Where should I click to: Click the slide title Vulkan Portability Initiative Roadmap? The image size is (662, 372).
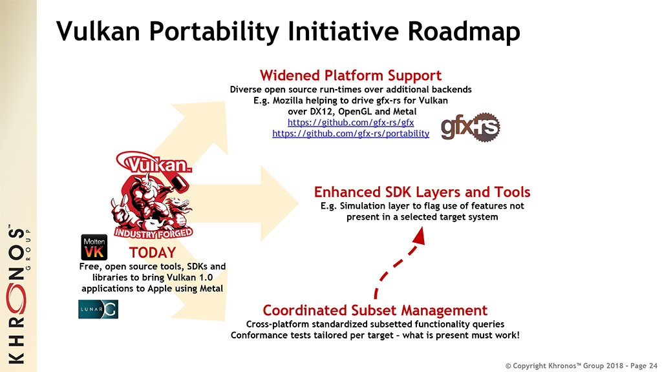click(288, 31)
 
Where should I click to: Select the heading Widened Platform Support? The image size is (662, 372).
click(350, 76)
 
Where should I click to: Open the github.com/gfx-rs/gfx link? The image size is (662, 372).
click(350, 122)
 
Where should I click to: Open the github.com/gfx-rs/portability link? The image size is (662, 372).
click(350, 133)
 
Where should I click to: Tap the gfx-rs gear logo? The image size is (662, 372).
click(471, 127)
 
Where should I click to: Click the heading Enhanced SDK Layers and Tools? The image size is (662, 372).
click(422, 192)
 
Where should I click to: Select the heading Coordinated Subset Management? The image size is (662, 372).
click(375, 310)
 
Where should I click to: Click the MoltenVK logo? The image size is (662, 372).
click(94, 247)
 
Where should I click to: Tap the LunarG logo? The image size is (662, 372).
click(98, 309)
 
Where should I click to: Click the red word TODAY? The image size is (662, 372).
click(153, 253)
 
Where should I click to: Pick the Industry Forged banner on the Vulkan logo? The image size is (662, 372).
click(153, 232)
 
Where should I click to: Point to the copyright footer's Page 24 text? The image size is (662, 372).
click(644, 366)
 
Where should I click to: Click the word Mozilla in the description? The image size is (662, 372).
click(288, 100)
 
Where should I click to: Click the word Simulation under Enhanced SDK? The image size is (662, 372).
click(361, 206)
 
